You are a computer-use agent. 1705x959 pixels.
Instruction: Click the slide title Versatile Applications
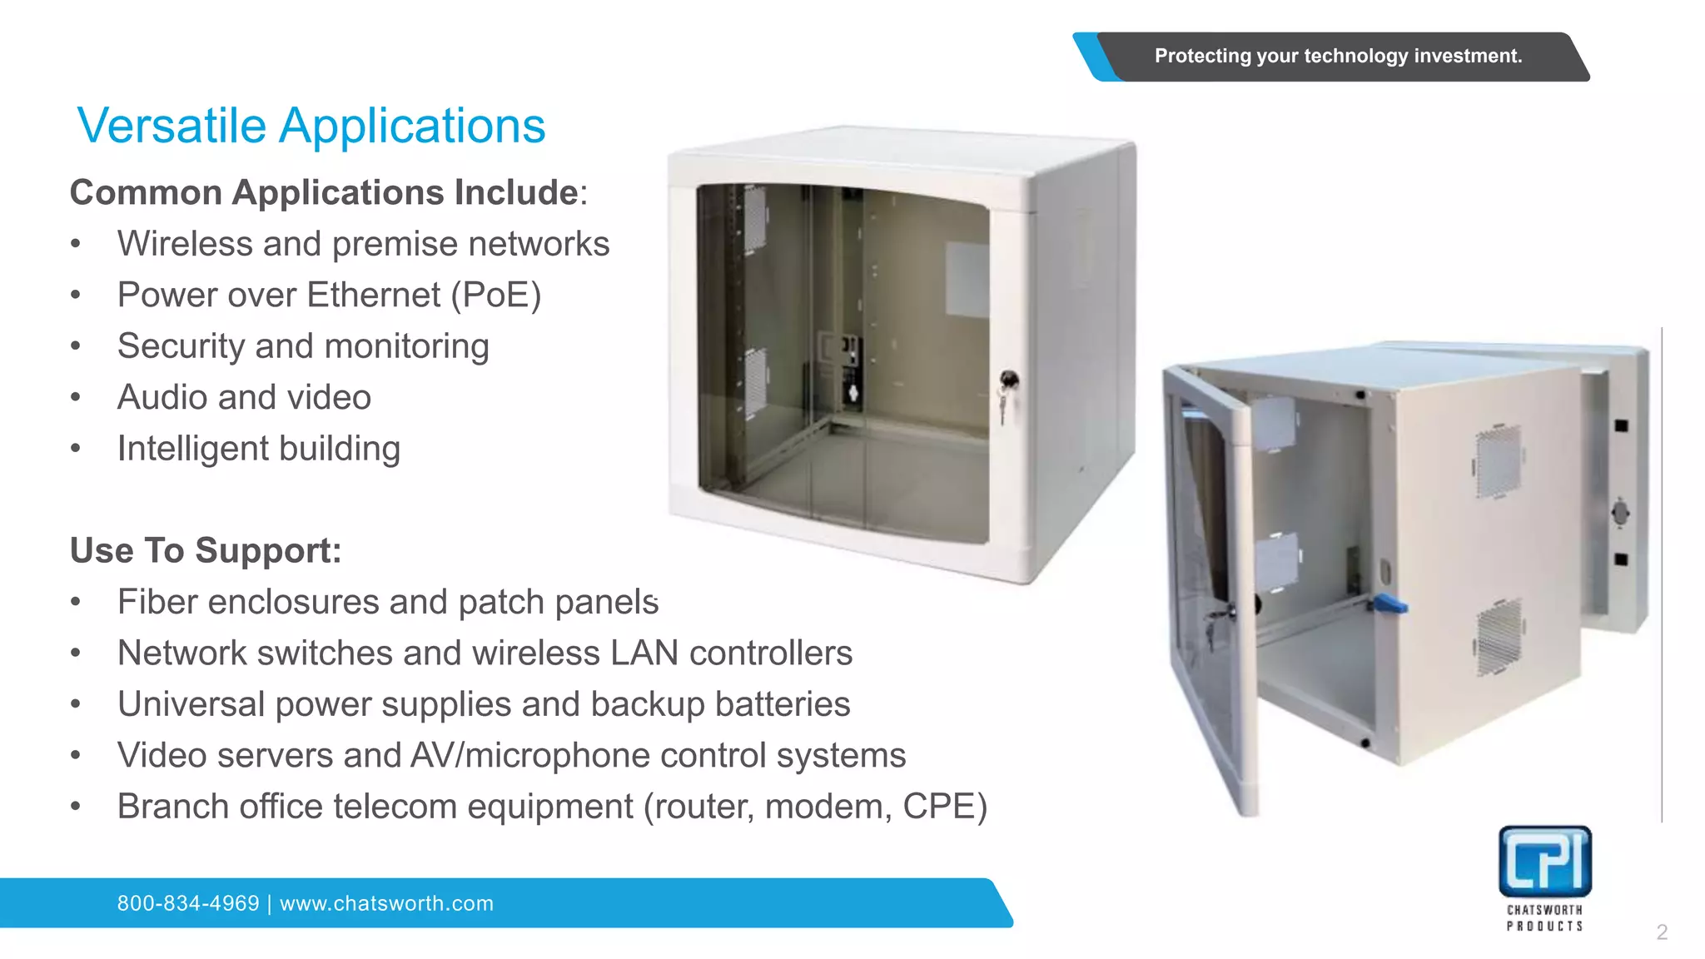coord(311,126)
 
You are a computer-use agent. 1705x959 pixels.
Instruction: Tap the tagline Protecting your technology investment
coord(1337,56)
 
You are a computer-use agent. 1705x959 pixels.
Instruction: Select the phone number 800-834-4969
coord(188,903)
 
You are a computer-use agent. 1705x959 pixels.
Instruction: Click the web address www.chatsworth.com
coord(386,903)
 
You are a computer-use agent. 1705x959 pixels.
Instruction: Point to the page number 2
coord(1662,932)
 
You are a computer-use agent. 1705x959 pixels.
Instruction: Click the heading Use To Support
coord(206,550)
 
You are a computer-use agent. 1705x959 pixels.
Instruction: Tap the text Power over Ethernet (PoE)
coord(329,295)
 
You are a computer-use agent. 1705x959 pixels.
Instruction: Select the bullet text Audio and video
coord(244,397)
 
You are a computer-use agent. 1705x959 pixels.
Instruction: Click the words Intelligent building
coord(258,449)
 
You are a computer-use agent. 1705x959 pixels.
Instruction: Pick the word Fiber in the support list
coord(157,602)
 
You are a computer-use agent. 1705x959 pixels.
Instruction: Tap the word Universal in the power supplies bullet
coord(191,704)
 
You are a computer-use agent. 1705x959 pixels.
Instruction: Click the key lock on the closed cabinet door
coord(1008,381)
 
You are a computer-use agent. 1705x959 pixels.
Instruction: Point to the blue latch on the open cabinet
coord(1390,604)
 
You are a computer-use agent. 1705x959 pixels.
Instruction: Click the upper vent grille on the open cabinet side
coord(1499,462)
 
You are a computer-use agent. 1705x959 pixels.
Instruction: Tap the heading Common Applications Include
coord(325,192)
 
